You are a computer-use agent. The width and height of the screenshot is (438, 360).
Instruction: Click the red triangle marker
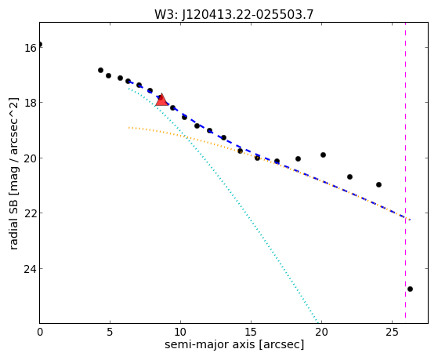[x=161, y=100]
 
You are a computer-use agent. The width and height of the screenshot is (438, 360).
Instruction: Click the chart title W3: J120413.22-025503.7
[x=233, y=15]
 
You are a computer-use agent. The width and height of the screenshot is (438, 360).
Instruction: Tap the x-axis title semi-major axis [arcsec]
[x=234, y=344]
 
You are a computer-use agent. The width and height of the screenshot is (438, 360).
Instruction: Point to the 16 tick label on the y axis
[x=31, y=48]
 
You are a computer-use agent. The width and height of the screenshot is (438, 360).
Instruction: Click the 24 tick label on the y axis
[x=31, y=269]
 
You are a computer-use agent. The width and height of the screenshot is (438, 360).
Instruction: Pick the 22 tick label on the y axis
[x=31, y=213]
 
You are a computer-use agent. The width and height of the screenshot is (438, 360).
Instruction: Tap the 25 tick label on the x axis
[x=393, y=332]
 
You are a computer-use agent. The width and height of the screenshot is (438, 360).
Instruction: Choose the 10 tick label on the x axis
[x=180, y=332]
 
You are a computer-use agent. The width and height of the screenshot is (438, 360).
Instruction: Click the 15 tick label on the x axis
[x=251, y=332]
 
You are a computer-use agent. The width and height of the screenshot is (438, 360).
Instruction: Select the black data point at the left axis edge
[x=40, y=44]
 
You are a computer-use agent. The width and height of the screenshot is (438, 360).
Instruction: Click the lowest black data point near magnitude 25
[x=410, y=289]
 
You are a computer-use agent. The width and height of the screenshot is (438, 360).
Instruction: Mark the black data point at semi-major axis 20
[x=323, y=155]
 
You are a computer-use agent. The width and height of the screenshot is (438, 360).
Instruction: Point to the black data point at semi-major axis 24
[x=378, y=184]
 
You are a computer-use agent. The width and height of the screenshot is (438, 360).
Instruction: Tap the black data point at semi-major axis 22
[x=349, y=176]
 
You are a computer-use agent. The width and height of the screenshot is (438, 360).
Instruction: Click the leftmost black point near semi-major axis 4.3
[x=100, y=71]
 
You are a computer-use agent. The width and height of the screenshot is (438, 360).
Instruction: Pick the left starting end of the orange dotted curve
[x=129, y=128]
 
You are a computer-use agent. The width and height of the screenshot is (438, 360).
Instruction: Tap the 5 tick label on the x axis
[x=110, y=332]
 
